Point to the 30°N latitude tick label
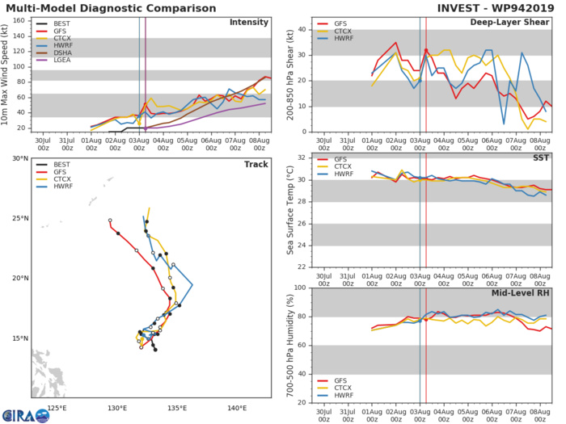click(x=19, y=158)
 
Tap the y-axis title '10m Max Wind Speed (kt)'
click(x=8, y=73)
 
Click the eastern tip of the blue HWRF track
click(x=192, y=285)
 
